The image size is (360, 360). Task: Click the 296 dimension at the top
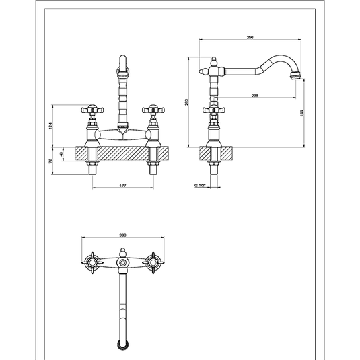250,39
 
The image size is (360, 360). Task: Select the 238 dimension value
254,95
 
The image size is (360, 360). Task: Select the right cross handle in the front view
156,110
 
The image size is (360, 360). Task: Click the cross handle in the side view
215,110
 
